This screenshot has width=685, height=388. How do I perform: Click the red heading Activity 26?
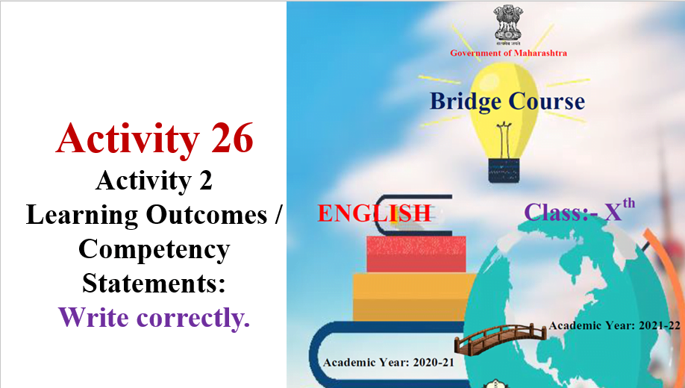(154, 139)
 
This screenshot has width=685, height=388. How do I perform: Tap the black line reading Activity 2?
(154, 181)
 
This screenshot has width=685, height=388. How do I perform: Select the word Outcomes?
(207, 215)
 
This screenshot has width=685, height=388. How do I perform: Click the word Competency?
(154, 250)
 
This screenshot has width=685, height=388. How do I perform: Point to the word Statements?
(154, 283)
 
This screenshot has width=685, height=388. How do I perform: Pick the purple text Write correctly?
(154, 317)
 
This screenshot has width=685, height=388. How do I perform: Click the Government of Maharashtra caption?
(508, 53)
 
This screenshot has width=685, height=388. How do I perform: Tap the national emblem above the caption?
(508, 24)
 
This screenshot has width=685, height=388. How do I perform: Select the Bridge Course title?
(507, 101)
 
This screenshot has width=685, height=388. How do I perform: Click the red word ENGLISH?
(375, 213)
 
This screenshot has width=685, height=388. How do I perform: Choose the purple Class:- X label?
(573, 212)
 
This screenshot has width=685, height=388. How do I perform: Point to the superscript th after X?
(628, 204)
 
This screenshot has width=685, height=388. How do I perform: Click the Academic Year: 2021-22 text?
(614, 325)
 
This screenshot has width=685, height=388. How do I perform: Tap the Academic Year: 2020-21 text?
(388, 362)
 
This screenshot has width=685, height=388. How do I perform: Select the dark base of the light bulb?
(504, 170)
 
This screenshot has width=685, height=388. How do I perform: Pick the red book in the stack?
(416, 254)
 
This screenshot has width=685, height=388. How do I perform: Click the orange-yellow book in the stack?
(414, 297)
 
